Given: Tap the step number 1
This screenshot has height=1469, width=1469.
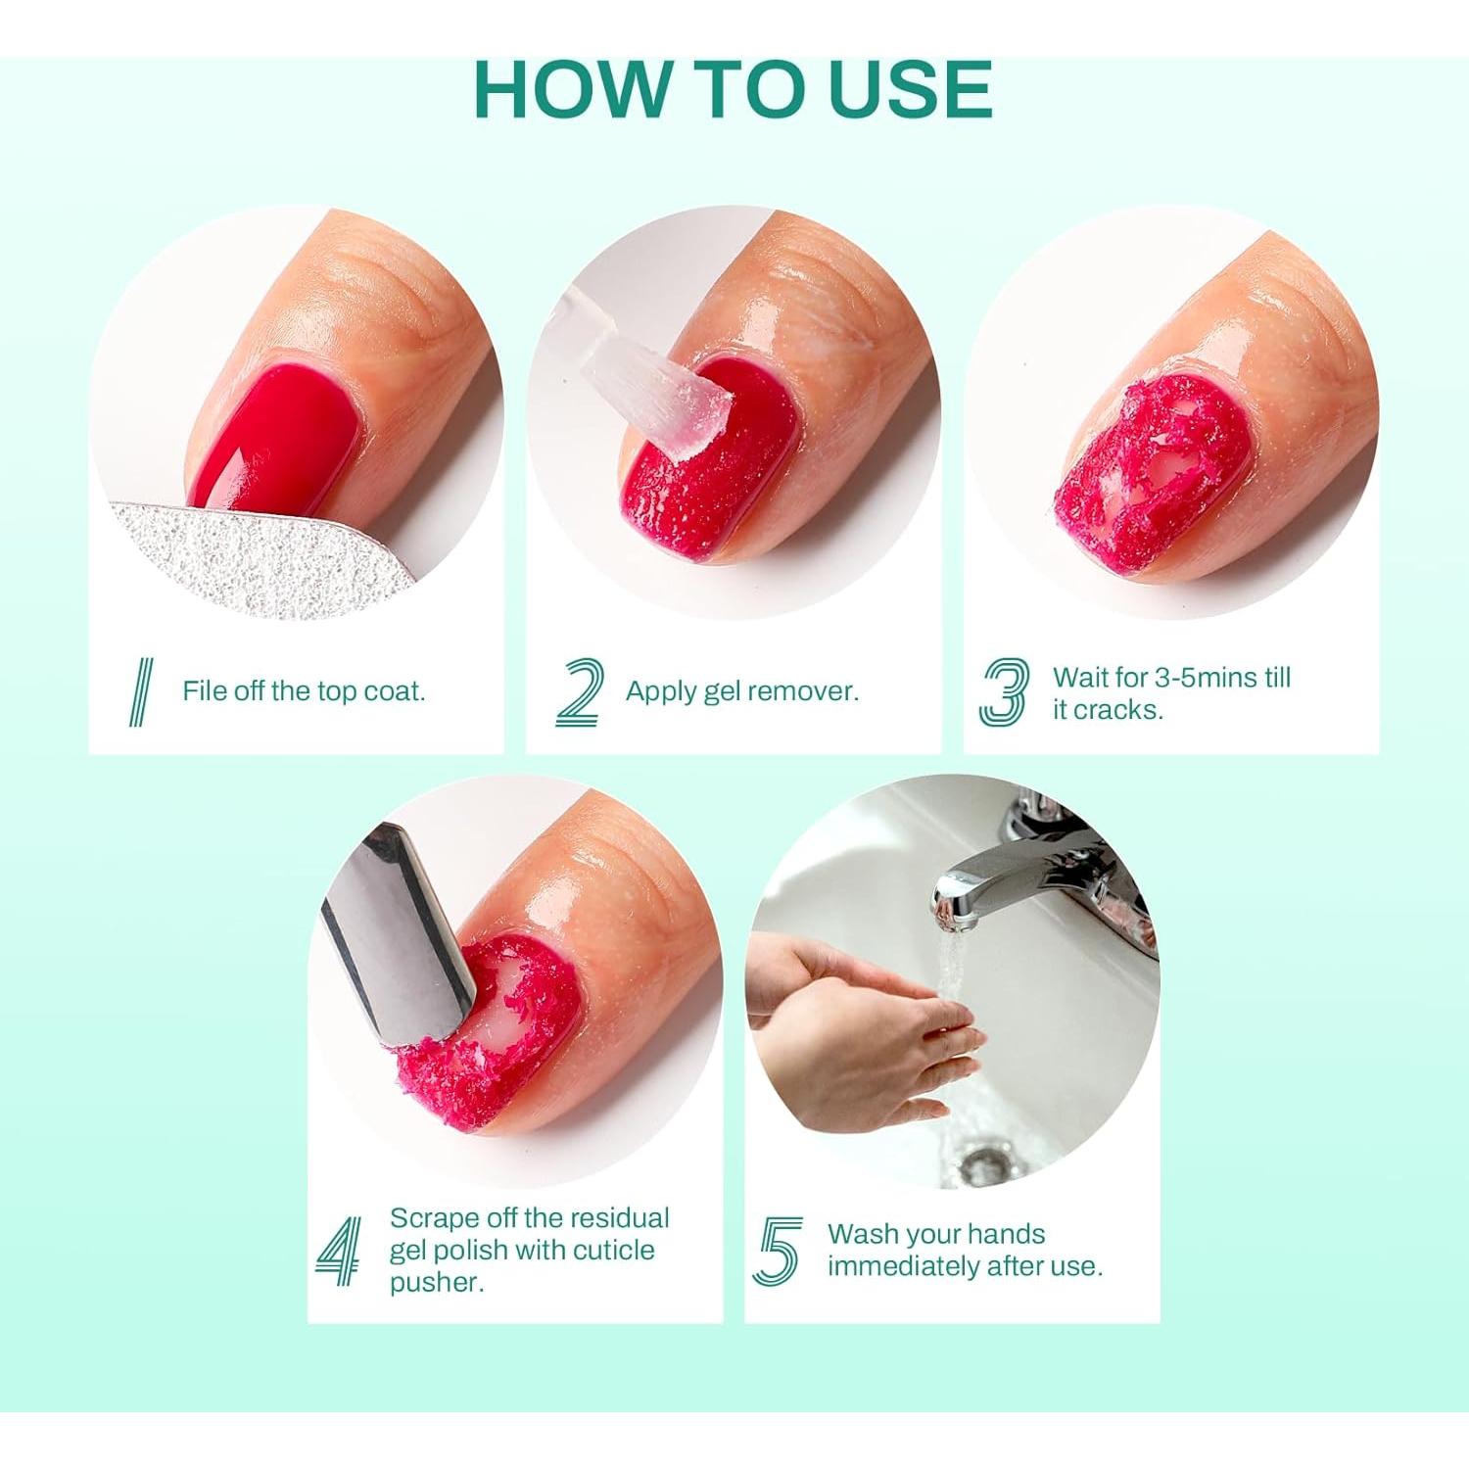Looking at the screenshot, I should coord(141,691).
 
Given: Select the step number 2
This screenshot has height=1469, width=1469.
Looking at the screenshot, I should coord(579,691).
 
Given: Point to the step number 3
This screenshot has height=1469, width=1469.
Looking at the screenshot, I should coord(1005,691).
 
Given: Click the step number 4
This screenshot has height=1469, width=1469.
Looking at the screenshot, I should coord(339,1251).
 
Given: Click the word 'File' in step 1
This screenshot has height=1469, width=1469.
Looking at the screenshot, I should coord(205,691).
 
